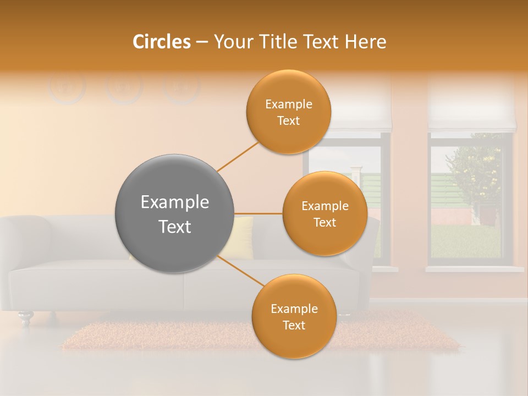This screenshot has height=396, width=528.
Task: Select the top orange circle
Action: (288, 112)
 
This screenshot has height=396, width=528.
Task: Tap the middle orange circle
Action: (324, 213)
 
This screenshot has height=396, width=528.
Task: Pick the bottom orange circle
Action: (294, 316)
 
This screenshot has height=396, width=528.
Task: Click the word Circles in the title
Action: (162, 42)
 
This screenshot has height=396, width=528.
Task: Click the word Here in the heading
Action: (365, 42)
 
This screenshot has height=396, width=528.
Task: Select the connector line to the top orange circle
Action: (238, 157)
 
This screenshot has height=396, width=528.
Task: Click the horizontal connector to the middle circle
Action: (258, 213)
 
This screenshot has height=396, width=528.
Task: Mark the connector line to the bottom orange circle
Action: (240, 271)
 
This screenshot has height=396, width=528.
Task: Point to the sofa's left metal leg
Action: (25, 318)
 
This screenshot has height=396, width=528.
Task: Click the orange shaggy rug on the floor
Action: (165, 335)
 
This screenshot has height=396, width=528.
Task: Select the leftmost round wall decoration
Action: (67, 88)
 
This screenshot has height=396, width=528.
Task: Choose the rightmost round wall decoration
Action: (182, 88)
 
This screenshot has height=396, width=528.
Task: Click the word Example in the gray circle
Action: (174, 202)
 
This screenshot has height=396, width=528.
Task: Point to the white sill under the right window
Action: (474, 269)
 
